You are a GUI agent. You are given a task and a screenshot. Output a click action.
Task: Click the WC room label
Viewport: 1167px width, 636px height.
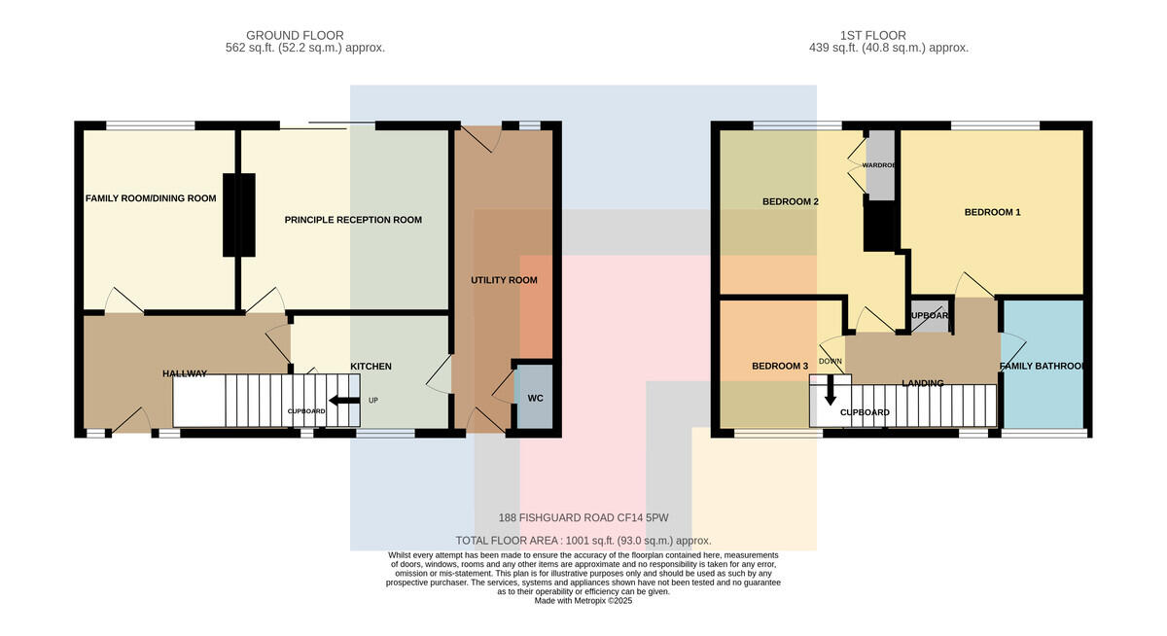tap(535, 399)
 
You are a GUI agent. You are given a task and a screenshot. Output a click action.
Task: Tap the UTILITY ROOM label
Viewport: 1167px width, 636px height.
tap(504, 280)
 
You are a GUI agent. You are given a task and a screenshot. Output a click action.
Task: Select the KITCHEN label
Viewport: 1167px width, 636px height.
tap(371, 367)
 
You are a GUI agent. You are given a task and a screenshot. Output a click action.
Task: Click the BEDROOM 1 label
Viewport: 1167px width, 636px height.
tap(993, 213)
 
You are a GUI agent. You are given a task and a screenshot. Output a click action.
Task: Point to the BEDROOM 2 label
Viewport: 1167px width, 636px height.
tap(791, 202)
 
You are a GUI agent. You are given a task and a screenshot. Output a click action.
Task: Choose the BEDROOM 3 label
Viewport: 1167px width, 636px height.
tap(780, 367)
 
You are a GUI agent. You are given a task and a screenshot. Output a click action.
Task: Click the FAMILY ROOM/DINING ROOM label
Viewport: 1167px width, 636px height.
tap(151, 198)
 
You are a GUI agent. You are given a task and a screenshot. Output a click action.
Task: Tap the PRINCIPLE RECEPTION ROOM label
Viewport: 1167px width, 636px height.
tap(353, 220)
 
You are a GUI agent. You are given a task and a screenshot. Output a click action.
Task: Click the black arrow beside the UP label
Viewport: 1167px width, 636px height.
tap(344, 401)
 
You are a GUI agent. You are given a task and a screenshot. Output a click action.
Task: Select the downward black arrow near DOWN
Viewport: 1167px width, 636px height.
tap(831, 391)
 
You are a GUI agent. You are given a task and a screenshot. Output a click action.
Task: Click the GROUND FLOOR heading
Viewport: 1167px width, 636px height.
tap(295, 35)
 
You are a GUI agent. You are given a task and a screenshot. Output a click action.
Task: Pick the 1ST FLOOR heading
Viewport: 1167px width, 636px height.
tap(873, 35)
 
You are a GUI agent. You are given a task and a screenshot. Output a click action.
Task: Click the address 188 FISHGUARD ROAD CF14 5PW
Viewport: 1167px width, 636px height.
tap(583, 517)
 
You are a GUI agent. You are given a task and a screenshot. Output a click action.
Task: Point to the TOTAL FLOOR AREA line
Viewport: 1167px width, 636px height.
tap(583, 541)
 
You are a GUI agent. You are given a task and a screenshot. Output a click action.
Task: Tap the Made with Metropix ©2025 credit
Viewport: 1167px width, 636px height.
tap(583, 601)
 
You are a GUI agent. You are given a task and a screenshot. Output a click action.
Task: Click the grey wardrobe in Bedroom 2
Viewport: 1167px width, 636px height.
tap(880, 164)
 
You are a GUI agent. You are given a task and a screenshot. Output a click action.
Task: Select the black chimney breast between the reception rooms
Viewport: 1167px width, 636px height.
tap(239, 215)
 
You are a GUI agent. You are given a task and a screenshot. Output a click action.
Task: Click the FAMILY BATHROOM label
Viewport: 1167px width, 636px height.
tap(1042, 367)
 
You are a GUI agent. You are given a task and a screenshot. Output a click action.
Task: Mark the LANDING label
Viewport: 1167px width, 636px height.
tap(923, 383)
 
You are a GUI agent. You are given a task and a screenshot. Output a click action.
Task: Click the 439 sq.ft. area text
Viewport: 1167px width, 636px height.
tap(889, 48)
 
